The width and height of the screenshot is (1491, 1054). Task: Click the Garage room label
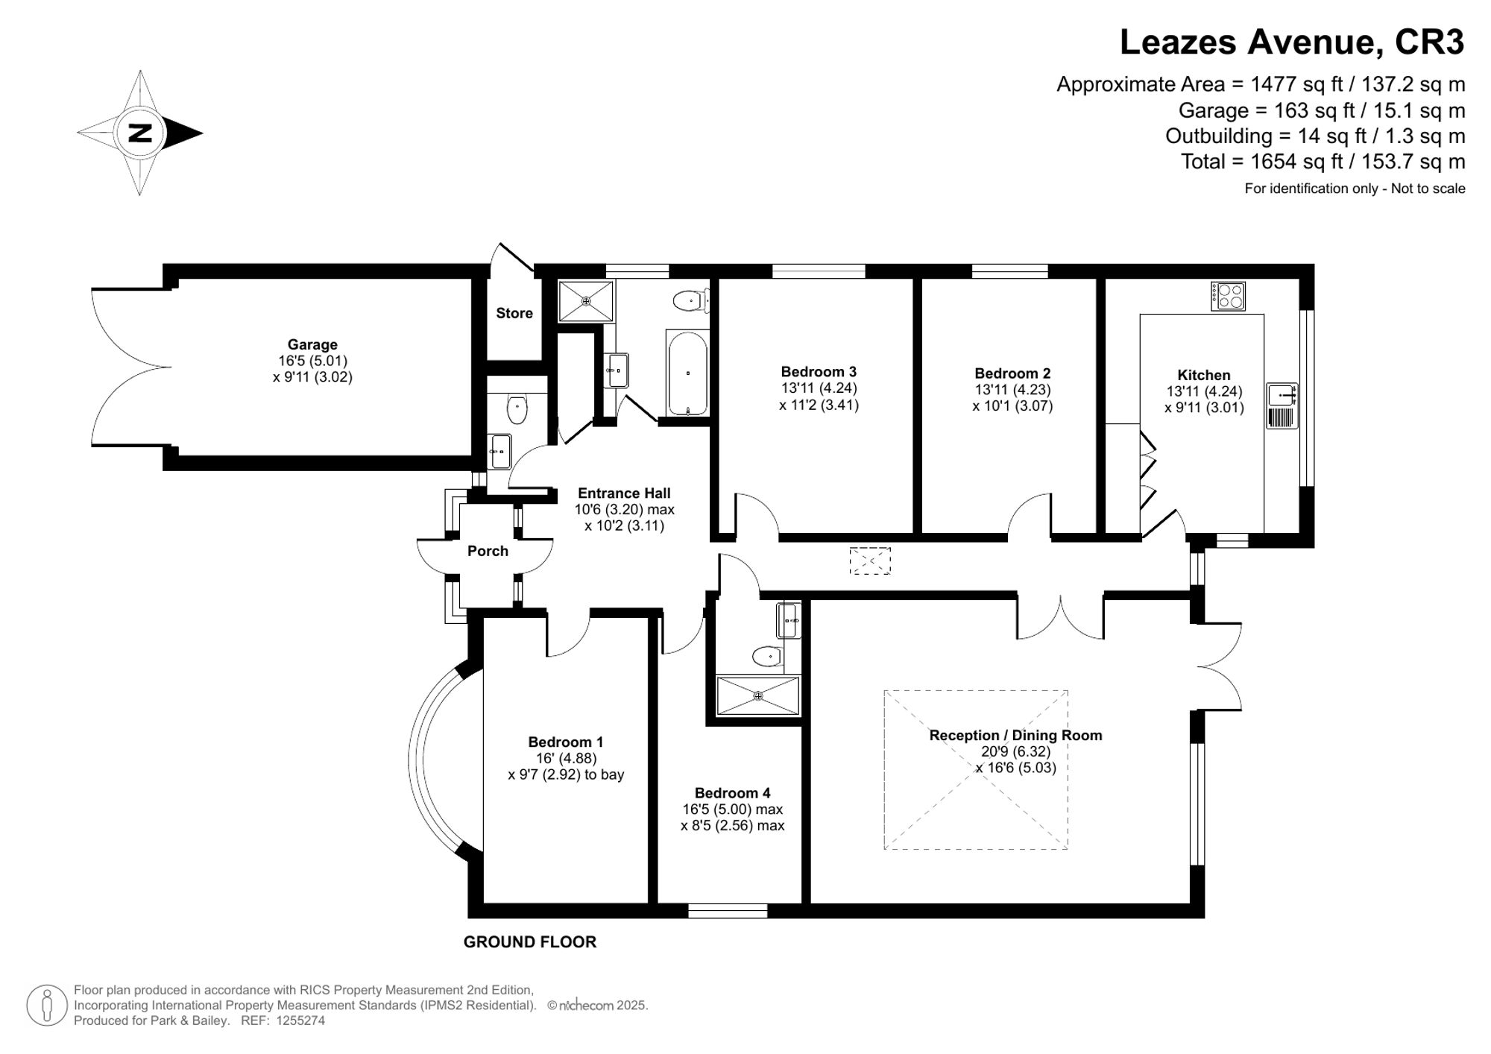[312, 344]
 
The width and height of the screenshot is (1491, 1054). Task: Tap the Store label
[514, 313]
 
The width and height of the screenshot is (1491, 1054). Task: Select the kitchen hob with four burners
[1228, 296]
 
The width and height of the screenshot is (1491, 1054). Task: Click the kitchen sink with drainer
[1282, 405]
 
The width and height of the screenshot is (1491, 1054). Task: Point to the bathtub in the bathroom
[687, 373]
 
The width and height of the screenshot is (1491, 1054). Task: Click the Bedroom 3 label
[819, 371]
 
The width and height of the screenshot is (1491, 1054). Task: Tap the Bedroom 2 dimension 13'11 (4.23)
[1012, 390]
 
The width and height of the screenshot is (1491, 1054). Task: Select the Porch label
[488, 551]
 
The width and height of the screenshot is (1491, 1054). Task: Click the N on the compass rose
[140, 133]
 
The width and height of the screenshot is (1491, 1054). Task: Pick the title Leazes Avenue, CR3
[1291, 42]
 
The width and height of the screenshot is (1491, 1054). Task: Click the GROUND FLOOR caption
[530, 942]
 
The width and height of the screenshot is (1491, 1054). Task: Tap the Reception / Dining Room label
[1015, 735]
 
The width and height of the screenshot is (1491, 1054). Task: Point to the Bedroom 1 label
[566, 742]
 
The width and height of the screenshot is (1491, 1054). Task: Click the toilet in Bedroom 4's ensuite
[766, 657]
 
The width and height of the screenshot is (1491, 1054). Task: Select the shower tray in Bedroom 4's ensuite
[757, 695]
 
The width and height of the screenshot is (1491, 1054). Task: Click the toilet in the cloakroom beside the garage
[517, 408]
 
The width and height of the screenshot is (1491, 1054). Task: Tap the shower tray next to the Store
[586, 301]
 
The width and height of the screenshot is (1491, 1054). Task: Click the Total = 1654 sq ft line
[1323, 161]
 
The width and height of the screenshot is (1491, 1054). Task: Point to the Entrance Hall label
[624, 493]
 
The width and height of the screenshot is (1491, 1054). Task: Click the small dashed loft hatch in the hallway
[870, 561]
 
